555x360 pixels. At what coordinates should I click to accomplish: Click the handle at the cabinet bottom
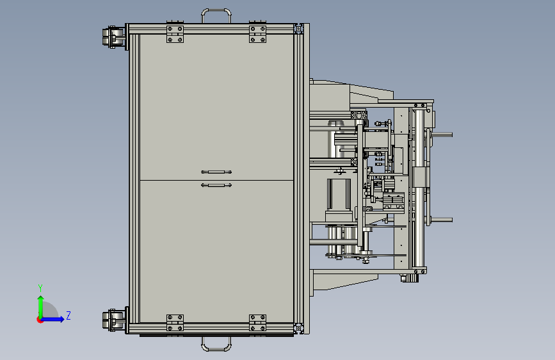point(216,349)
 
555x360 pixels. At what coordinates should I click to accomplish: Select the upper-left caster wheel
point(113,37)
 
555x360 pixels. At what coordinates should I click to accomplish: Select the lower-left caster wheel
point(113,320)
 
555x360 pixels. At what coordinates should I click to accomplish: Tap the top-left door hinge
point(175,34)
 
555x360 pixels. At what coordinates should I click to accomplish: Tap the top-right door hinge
point(258,34)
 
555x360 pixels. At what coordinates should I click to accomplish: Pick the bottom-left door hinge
point(175,323)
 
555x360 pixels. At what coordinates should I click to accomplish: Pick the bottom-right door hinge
point(258,323)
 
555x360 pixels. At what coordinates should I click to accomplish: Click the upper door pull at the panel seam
point(216,172)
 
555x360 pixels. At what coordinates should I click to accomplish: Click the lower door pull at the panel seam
point(216,185)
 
